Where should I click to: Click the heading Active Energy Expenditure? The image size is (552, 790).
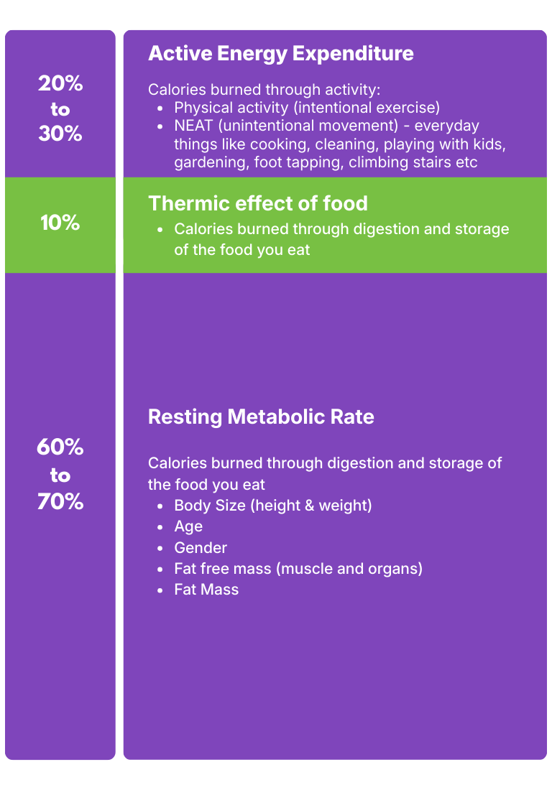(x=280, y=54)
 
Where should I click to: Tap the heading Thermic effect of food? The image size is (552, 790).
(x=257, y=203)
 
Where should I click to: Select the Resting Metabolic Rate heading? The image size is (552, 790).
(x=261, y=417)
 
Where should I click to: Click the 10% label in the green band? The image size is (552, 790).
(x=60, y=223)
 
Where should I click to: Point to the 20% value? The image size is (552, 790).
(x=60, y=84)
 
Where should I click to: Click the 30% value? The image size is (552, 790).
(x=60, y=134)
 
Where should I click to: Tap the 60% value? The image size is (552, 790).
(x=60, y=447)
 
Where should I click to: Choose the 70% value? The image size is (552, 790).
(x=60, y=501)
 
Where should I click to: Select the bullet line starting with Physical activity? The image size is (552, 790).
(x=306, y=108)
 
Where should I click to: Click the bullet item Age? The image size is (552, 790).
(x=188, y=526)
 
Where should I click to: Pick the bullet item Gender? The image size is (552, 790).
(x=201, y=547)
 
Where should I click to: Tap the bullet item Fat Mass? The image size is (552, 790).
(x=206, y=590)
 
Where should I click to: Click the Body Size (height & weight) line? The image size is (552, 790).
(x=273, y=505)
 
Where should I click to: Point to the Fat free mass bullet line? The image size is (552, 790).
(x=298, y=569)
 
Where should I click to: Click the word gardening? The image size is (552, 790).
(x=211, y=162)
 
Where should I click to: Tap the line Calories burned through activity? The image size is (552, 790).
(x=264, y=90)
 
